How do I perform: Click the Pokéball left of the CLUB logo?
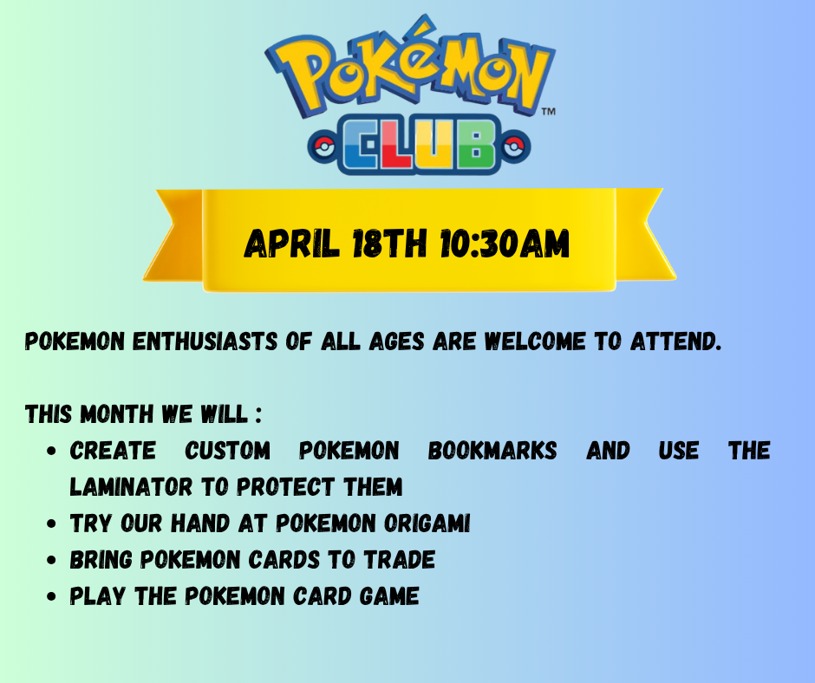(324, 146)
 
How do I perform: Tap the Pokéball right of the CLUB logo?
(514, 146)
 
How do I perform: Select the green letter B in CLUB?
(476, 144)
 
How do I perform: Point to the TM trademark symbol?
(549, 111)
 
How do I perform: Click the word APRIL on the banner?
(291, 244)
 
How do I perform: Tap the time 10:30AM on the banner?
(505, 244)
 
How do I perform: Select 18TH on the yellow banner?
(390, 244)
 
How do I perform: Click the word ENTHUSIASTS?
(205, 341)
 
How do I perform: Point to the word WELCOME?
(535, 341)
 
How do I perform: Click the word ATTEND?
(676, 341)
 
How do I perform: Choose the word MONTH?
(117, 414)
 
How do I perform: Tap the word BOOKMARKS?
(492, 451)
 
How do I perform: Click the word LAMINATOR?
(131, 487)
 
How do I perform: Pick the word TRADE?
(399, 560)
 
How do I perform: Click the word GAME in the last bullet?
(389, 596)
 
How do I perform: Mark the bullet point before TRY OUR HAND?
(51, 524)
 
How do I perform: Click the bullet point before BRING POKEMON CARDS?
(51, 560)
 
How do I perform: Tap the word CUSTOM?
(228, 451)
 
